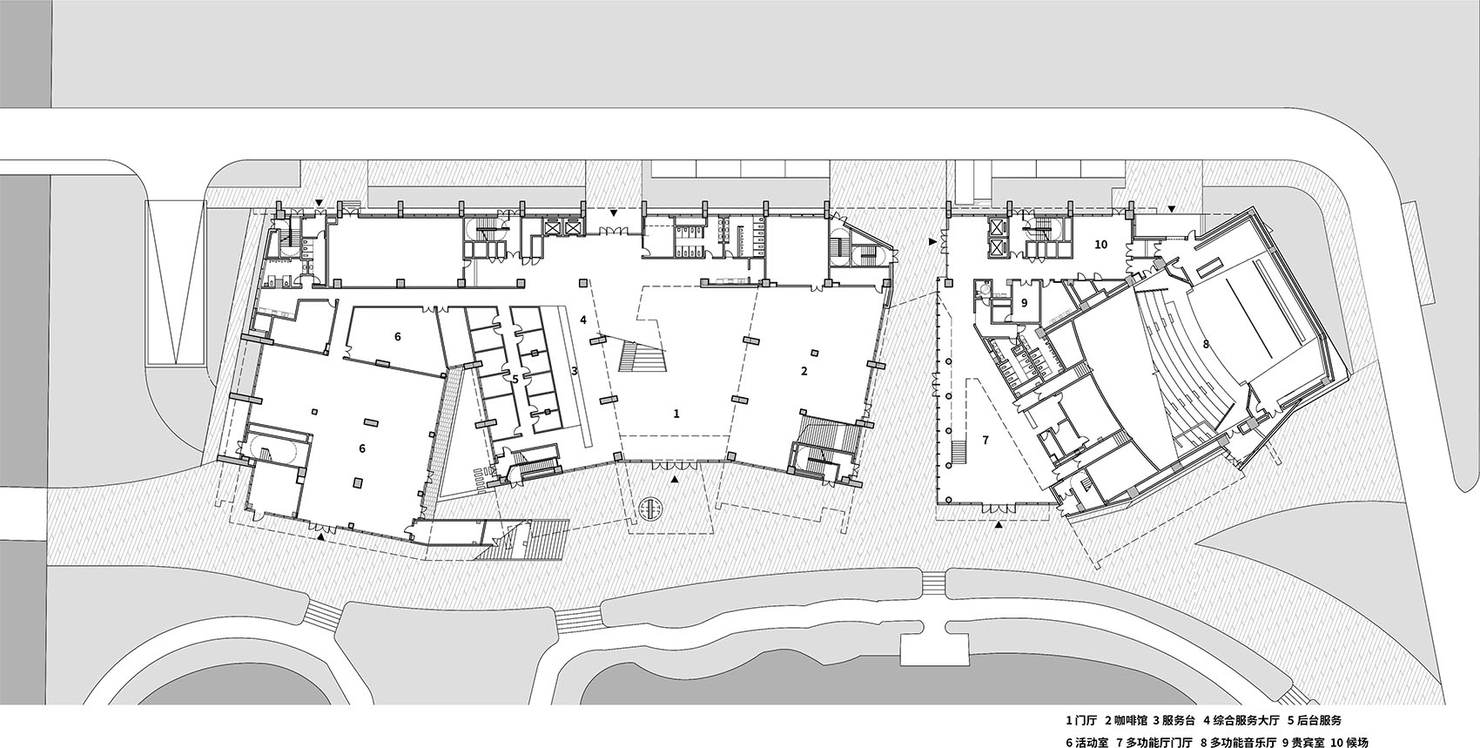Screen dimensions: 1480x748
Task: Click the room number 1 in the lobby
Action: [x=676, y=414]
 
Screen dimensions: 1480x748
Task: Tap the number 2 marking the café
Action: [x=804, y=371]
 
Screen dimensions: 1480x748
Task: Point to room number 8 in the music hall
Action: [x=1205, y=344]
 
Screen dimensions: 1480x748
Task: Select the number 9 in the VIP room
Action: [x=1024, y=303]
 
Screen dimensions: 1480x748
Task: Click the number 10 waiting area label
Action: [x=1100, y=245]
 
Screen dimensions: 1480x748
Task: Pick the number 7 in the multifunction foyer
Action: [x=986, y=440]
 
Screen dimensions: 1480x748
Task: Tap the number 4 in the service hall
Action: [x=582, y=320]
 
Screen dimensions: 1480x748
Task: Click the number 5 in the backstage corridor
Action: [x=515, y=380]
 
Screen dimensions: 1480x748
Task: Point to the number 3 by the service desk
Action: [x=575, y=371]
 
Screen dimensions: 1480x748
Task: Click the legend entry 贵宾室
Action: [x=1308, y=742]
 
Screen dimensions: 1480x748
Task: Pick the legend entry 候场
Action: [x=1362, y=742]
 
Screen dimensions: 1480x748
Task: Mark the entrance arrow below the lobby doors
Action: [x=675, y=478]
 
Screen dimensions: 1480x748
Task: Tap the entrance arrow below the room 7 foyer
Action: [x=999, y=525]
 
